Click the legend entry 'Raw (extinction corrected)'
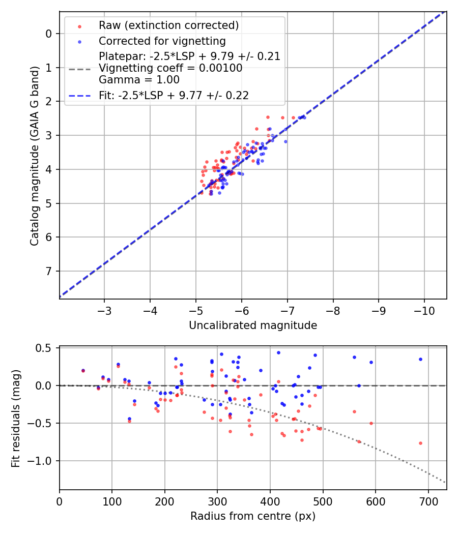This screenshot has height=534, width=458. click(168, 25)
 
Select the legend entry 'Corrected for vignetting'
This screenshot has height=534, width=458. click(162, 41)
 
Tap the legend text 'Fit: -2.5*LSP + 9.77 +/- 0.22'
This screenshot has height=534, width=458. click(174, 96)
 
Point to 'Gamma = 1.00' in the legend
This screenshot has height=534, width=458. click(139, 79)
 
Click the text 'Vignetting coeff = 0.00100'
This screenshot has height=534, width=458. click(170, 68)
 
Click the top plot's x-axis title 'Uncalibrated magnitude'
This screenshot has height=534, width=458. click(253, 325)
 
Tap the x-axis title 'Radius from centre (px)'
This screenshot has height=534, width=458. click(253, 516)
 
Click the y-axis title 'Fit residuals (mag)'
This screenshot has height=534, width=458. click(16, 418)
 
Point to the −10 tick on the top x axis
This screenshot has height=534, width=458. click(424, 310)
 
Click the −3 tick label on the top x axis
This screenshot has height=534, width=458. click(104, 310)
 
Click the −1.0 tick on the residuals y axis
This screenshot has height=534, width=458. click(43, 461)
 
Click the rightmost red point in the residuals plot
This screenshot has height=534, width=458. click(420, 443)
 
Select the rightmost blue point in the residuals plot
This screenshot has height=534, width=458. click(420, 359)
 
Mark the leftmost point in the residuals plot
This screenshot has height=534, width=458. click(83, 371)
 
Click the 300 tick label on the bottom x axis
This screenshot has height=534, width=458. click(217, 501)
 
